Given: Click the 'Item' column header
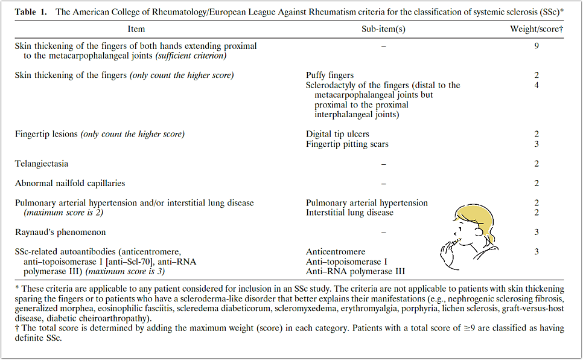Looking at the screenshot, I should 136,29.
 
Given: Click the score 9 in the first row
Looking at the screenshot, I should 537,46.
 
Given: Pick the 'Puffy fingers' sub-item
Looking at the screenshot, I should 330,76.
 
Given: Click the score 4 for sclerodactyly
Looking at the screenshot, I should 537,85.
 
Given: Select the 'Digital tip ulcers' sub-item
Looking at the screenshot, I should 337,134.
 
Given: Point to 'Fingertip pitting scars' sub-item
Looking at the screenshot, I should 347,144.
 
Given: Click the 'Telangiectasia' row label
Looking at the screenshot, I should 42,164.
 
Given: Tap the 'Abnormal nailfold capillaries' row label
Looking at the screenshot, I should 70,183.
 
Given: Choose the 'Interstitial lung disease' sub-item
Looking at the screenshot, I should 349,213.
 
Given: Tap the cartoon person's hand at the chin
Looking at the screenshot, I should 449,247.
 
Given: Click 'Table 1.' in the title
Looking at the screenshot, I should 32,11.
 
